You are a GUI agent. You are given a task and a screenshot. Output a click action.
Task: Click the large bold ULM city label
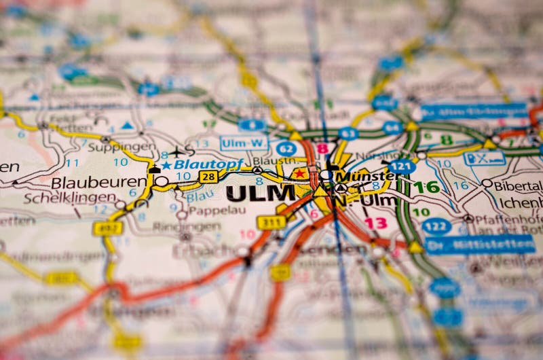261,193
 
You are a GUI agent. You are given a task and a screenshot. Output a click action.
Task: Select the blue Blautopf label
198,164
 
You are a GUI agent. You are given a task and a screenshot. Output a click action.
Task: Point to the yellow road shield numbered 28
209,177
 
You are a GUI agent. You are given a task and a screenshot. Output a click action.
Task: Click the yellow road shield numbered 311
271,222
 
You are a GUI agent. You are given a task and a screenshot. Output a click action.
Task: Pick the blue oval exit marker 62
286,148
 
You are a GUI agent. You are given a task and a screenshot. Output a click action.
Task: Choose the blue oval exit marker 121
402,166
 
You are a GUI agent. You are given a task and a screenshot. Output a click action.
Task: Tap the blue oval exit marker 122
436,226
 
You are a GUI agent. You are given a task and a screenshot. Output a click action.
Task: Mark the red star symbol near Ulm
299,174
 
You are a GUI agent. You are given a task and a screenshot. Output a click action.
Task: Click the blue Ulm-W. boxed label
244,143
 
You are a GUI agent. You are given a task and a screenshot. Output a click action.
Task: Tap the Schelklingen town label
69,198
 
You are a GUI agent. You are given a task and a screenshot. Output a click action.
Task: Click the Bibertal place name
517,185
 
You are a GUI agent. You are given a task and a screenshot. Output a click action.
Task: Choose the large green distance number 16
426,187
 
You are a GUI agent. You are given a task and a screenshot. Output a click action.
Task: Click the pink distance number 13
375,223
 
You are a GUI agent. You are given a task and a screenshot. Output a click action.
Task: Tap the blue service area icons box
484,158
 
